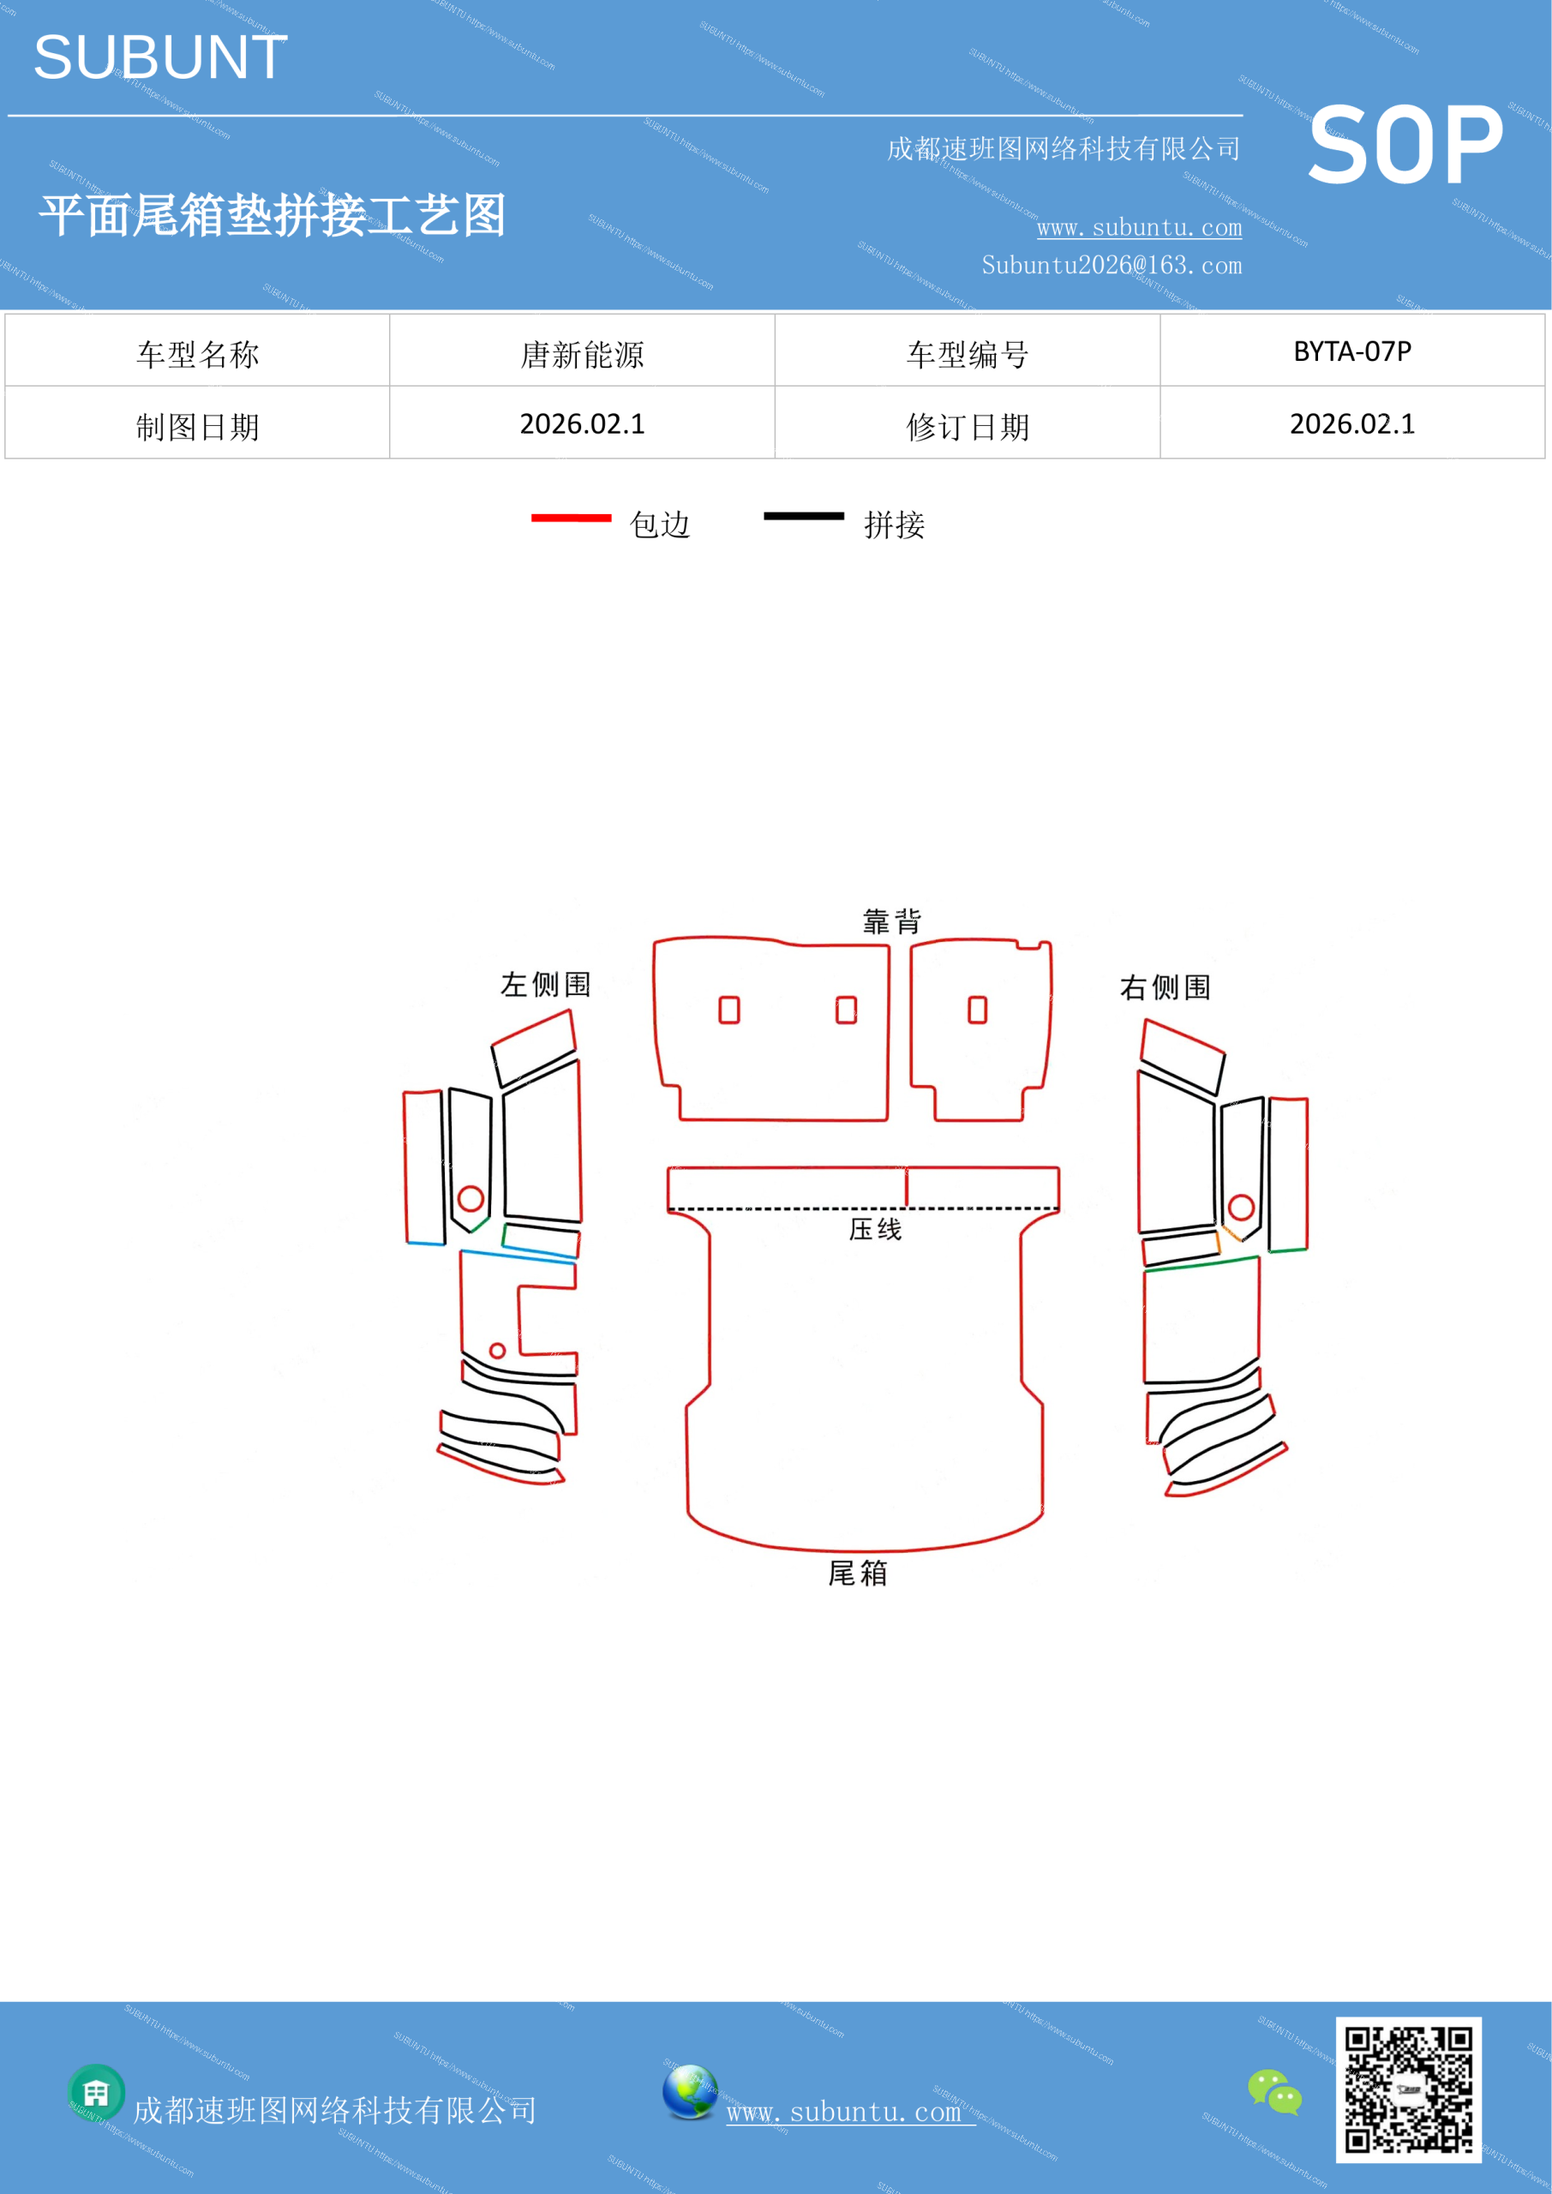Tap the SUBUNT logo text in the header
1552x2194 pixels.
160,57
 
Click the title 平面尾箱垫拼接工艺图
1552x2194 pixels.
273,215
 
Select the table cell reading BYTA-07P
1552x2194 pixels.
1352,351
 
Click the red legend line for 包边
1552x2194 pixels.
572,518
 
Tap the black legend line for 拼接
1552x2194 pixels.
804,516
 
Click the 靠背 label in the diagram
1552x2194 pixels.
891,921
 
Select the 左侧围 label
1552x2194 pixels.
546,984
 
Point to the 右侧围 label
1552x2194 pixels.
1165,987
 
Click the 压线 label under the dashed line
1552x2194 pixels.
875,1229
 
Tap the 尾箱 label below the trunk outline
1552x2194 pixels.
857,1573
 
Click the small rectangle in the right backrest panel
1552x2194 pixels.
978,1010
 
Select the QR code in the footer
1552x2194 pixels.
1409,2089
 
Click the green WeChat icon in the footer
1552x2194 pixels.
1275,2092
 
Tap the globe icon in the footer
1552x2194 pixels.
690,2092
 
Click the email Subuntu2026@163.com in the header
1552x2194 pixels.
1112,265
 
